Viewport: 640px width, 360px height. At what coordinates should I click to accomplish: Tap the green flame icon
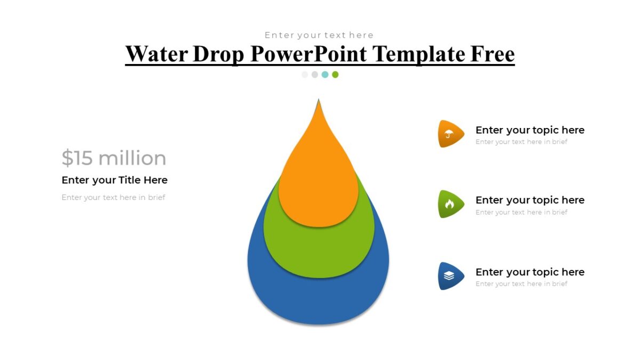pyautogui.click(x=449, y=204)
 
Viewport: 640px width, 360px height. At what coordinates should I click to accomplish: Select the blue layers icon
pyautogui.click(x=449, y=276)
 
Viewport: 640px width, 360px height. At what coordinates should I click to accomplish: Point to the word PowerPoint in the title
pyautogui.click(x=309, y=54)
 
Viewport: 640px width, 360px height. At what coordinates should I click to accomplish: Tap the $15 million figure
pyautogui.click(x=114, y=158)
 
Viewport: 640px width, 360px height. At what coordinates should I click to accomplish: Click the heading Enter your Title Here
pyautogui.click(x=115, y=180)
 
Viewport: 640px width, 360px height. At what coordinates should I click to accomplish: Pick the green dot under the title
pyautogui.click(x=335, y=75)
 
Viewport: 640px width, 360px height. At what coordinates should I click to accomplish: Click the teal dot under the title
pyautogui.click(x=325, y=75)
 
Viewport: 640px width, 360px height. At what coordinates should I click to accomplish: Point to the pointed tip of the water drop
pyautogui.click(x=319, y=101)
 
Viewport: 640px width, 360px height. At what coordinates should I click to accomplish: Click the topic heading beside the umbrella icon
pyautogui.click(x=530, y=130)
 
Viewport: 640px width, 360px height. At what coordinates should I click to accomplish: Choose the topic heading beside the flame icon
pyautogui.click(x=530, y=200)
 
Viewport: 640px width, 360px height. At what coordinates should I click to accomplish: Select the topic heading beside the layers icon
pyautogui.click(x=530, y=272)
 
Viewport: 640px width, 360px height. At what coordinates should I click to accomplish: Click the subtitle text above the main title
pyautogui.click(x=319, y=35)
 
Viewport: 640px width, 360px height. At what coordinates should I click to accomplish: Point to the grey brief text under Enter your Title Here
pyautogui.click(x=113, y=197)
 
